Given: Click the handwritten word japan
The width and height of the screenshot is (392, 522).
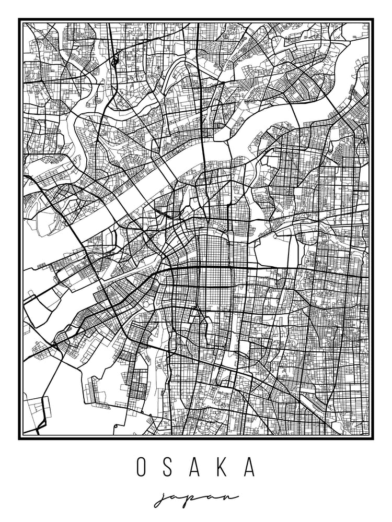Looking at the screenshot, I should (x=195, y=498).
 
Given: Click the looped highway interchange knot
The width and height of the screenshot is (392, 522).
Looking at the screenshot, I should (x=114, y=61).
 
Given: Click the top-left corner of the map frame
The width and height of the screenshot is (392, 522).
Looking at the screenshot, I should (x=20, y=20).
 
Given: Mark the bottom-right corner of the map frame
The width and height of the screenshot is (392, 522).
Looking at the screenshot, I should (x=372, y=438).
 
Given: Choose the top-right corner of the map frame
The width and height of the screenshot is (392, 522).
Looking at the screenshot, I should (x=372, y=20).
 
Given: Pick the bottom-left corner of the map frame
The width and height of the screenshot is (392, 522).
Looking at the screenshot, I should (x=20, y=438).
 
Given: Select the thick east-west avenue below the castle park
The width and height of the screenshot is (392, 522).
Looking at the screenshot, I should (x=261, y=268).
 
